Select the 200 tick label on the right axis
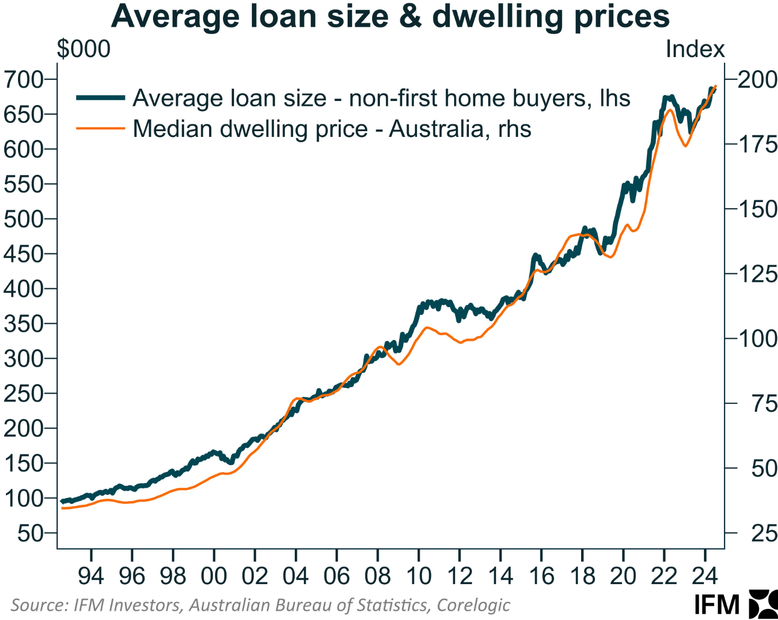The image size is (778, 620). click(x=757, y=80)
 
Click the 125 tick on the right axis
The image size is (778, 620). click(x=757, y=274)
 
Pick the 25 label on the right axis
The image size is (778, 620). click(x=764, y=533)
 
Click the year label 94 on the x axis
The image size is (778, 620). click(x=91, y=576)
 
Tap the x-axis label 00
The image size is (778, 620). click(x=214, y=576)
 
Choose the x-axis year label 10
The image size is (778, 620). click(x=419, y=576)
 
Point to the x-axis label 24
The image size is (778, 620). click(x=704, y=576)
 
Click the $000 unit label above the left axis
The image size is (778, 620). click(x=84, y=49)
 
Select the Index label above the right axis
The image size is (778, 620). click(x=695, y=49)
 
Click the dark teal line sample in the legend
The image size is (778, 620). click(x=101, y=98)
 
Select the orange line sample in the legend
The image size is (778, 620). click(x=101, y=128)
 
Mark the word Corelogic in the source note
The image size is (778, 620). click(x=474, y=605)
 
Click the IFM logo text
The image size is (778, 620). click(x=717, y=605)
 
